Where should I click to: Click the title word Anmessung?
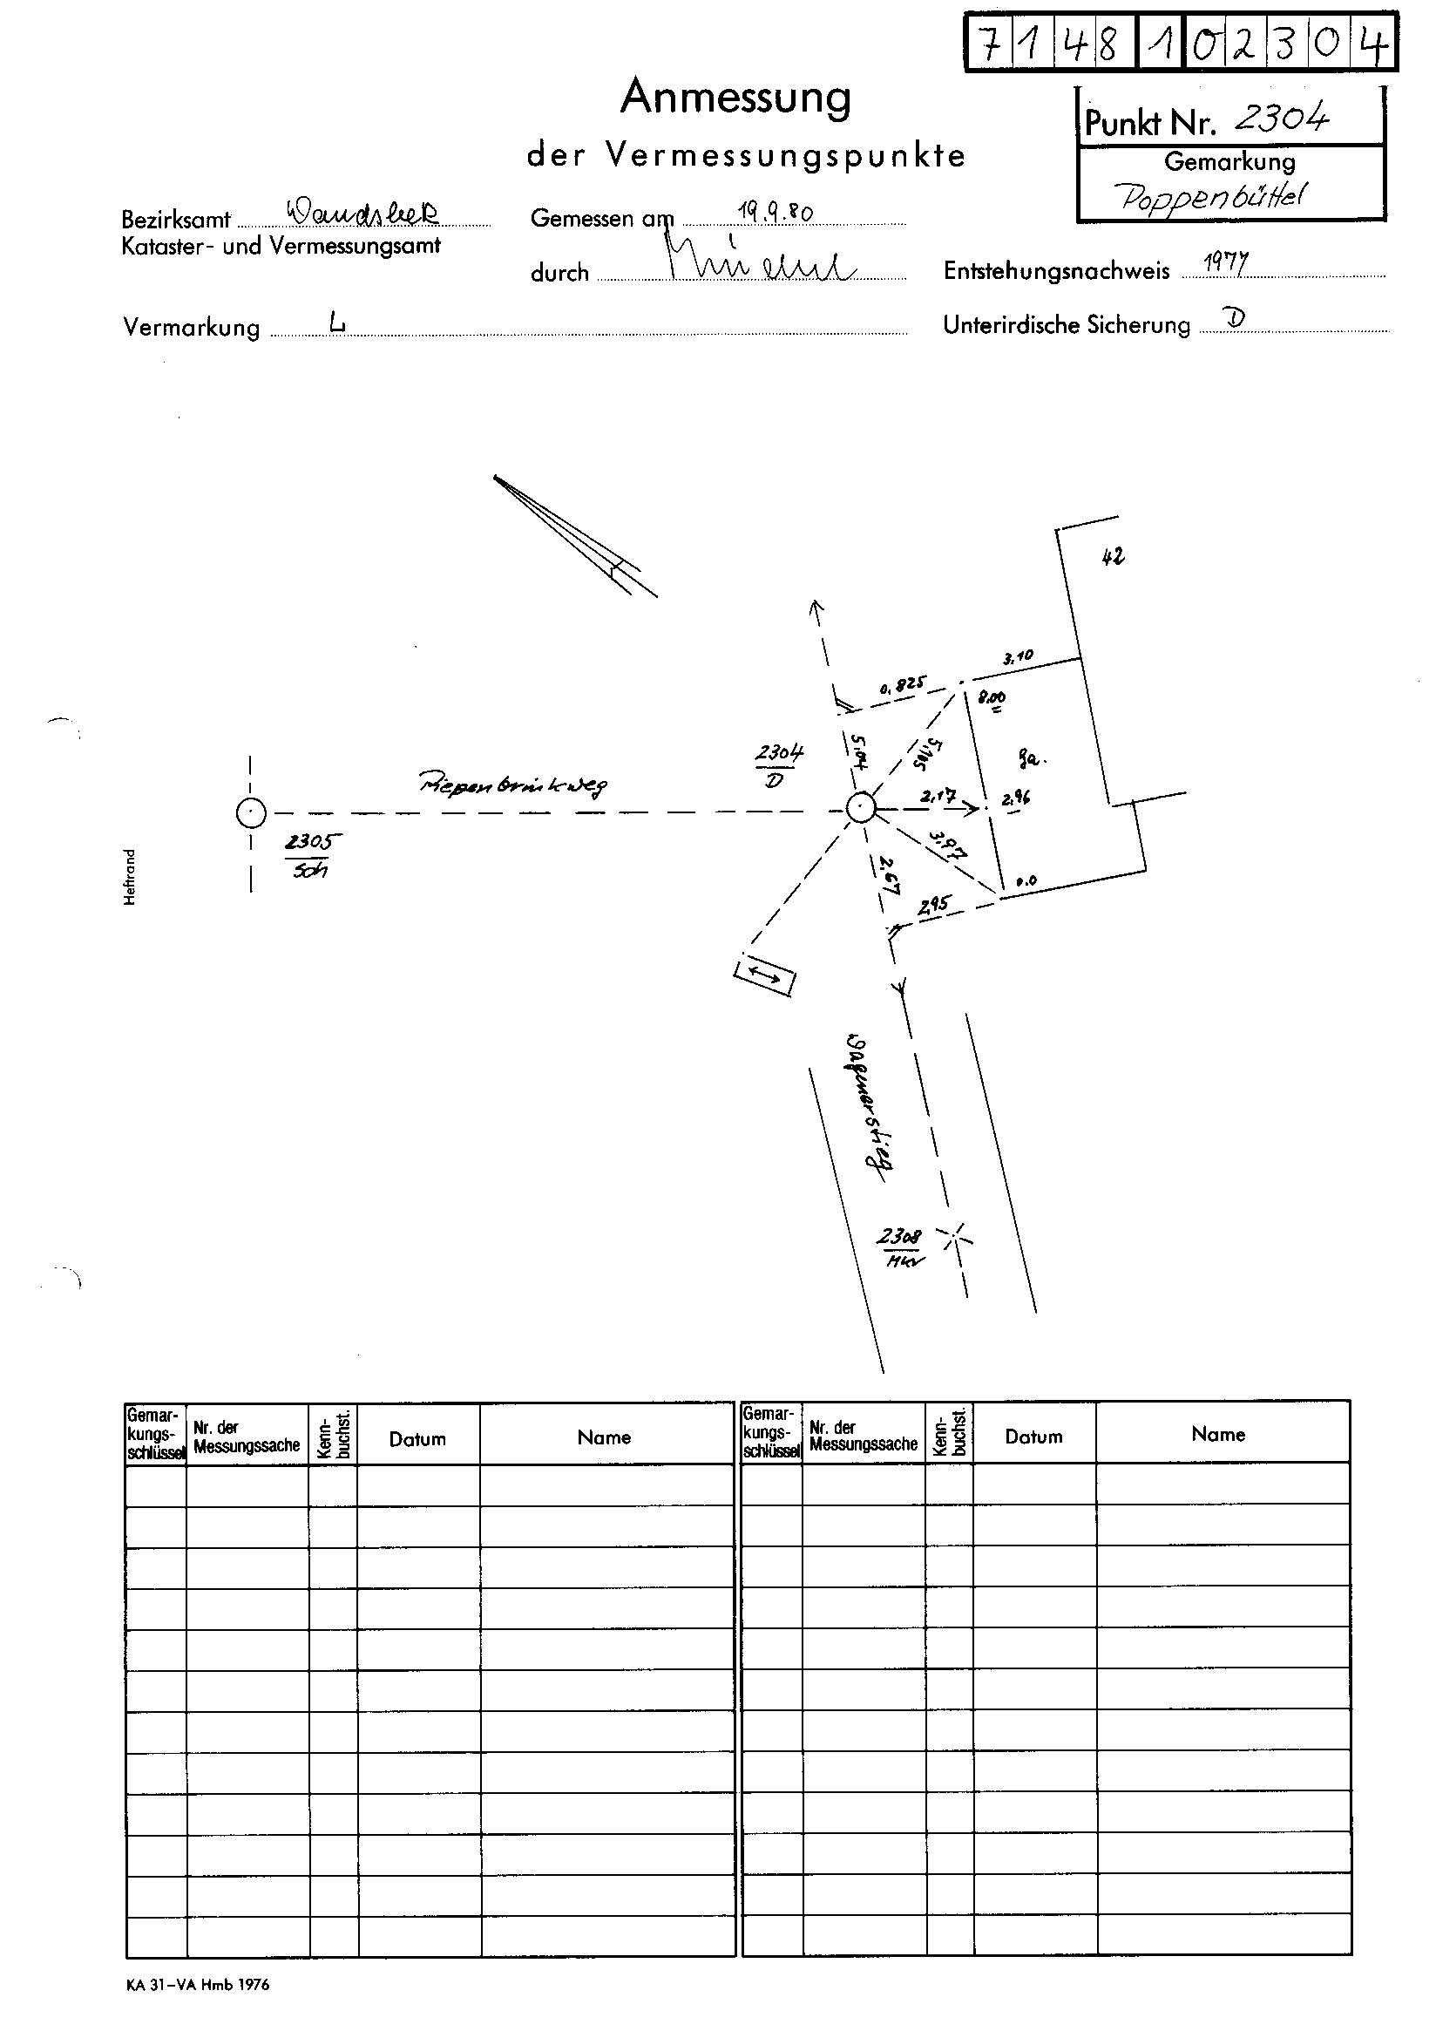[735, 98]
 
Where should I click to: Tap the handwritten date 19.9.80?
[775, 212]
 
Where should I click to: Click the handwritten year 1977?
[1226, 262]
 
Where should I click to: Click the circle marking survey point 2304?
[860, 809]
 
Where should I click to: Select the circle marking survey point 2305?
[251, 812]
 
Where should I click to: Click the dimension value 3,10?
[1017, 658]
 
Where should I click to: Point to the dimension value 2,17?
[938, 796]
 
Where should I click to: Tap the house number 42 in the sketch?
[1112, 556]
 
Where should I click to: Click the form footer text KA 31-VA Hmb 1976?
[197, 1985]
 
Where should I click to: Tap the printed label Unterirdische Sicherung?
[1066, 326]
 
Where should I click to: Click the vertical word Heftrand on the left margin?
[131, 877]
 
